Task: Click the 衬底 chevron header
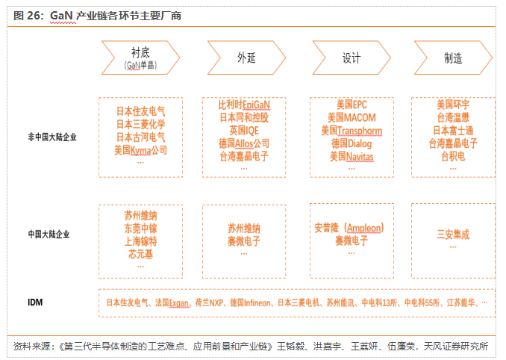140,57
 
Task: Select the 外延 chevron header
246,57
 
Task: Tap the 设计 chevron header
351,57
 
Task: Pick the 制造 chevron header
452,57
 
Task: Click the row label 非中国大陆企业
52,137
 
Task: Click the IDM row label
35,302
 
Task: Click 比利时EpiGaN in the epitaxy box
244,105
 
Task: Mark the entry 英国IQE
244,131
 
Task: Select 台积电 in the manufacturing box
452,157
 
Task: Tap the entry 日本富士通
452,131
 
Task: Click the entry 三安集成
452,235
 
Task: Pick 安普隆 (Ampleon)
349,228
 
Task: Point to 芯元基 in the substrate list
140,255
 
